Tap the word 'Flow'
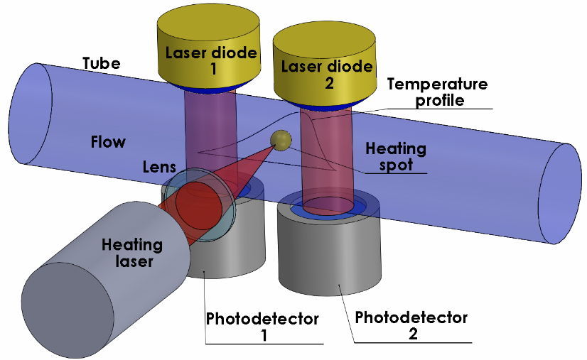tap(108, 142)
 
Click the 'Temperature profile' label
tap(437, 92)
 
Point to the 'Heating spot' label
tap(396, 157)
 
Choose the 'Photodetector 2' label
tap(411, 325)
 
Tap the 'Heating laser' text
tap(132, 253)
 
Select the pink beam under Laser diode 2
tap(328, 156)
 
